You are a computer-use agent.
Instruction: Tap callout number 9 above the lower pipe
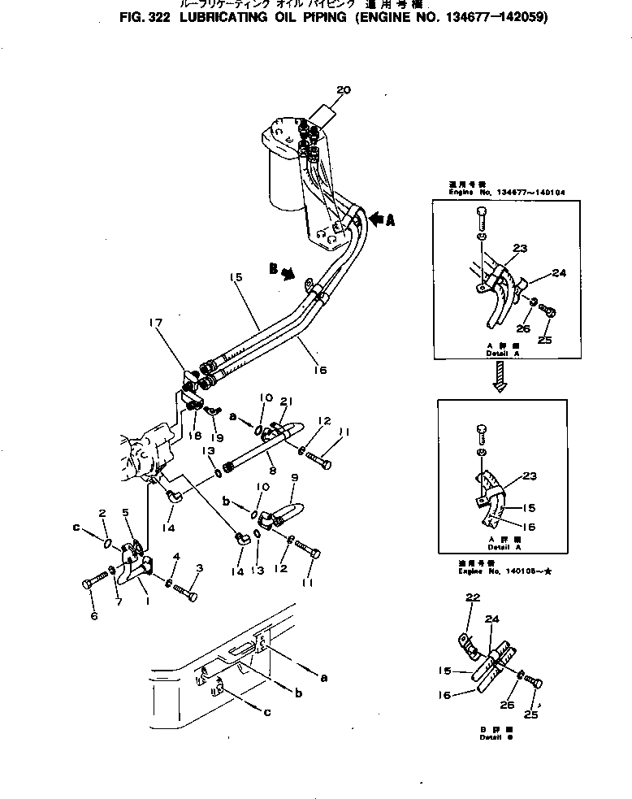pyautogui.click(x=294, y=479)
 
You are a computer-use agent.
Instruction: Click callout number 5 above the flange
pyautogui.click(x=126, y=511)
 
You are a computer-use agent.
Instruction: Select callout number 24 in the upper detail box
pyautogui.click(x=559, y=273)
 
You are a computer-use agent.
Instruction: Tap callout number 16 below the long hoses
pyautogui.click(x=320, y=370)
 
